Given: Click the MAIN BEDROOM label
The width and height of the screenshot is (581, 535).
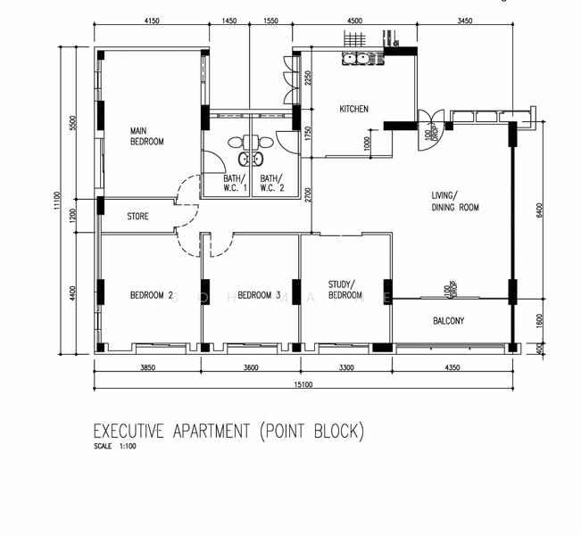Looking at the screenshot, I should pyautogui.click(x=146, y=136).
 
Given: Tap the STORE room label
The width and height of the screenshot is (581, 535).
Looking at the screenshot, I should pyautogui.click(x=137, y=217).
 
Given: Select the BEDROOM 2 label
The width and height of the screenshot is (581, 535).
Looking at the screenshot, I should pyautogui.click(x=151, y=295).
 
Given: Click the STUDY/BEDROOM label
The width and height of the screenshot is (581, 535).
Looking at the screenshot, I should pyautogui.click(x=344, y=290).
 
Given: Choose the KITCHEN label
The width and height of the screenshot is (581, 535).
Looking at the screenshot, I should pyautogui.click(x=353, y=110).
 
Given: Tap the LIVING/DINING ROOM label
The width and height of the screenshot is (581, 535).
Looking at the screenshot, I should pyautogui.click(x=455, y=202).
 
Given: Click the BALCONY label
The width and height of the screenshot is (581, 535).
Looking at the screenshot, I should pyautogui.click(x=448, y=321).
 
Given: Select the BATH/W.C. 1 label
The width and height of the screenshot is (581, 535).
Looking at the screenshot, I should pyautogui.click(x=236, y=183).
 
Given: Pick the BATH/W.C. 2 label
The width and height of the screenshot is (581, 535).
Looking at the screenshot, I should pyautogui.click(x=272, y=183).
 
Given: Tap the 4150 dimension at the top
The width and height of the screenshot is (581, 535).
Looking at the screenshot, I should pyautogui.click(x=151, y=21).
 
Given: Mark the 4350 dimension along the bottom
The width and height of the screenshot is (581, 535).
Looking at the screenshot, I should pyautogui.click(x=452, y=367).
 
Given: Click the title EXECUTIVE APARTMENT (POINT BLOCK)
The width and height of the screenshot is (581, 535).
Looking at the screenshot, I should pyautogui.click(x=228, y=432).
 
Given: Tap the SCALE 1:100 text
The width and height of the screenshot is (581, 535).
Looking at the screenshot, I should pyautogui.click(x=115, y=447).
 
